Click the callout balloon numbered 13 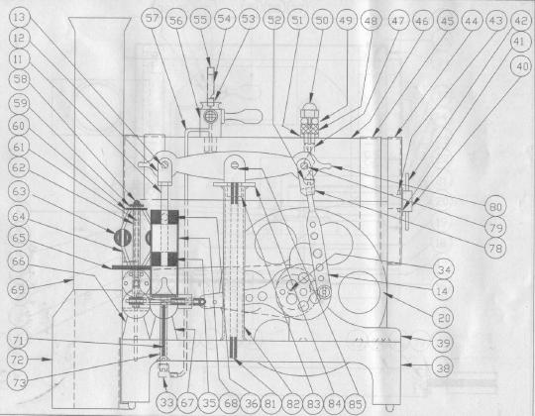point(20,17)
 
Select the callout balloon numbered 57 point(152,19)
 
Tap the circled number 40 point(522,66)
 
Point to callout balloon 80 point(495,207)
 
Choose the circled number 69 point(18,289)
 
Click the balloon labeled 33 point(166,403)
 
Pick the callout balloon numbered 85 point(356,404)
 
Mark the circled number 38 point(443,367)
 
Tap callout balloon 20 point(444,318)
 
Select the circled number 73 point(19,383)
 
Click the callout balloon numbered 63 point(19,191)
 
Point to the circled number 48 point(371,21)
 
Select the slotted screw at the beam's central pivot point(235,165)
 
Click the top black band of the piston point(164,217)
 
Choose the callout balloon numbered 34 point(444,269)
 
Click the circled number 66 point(18,261)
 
